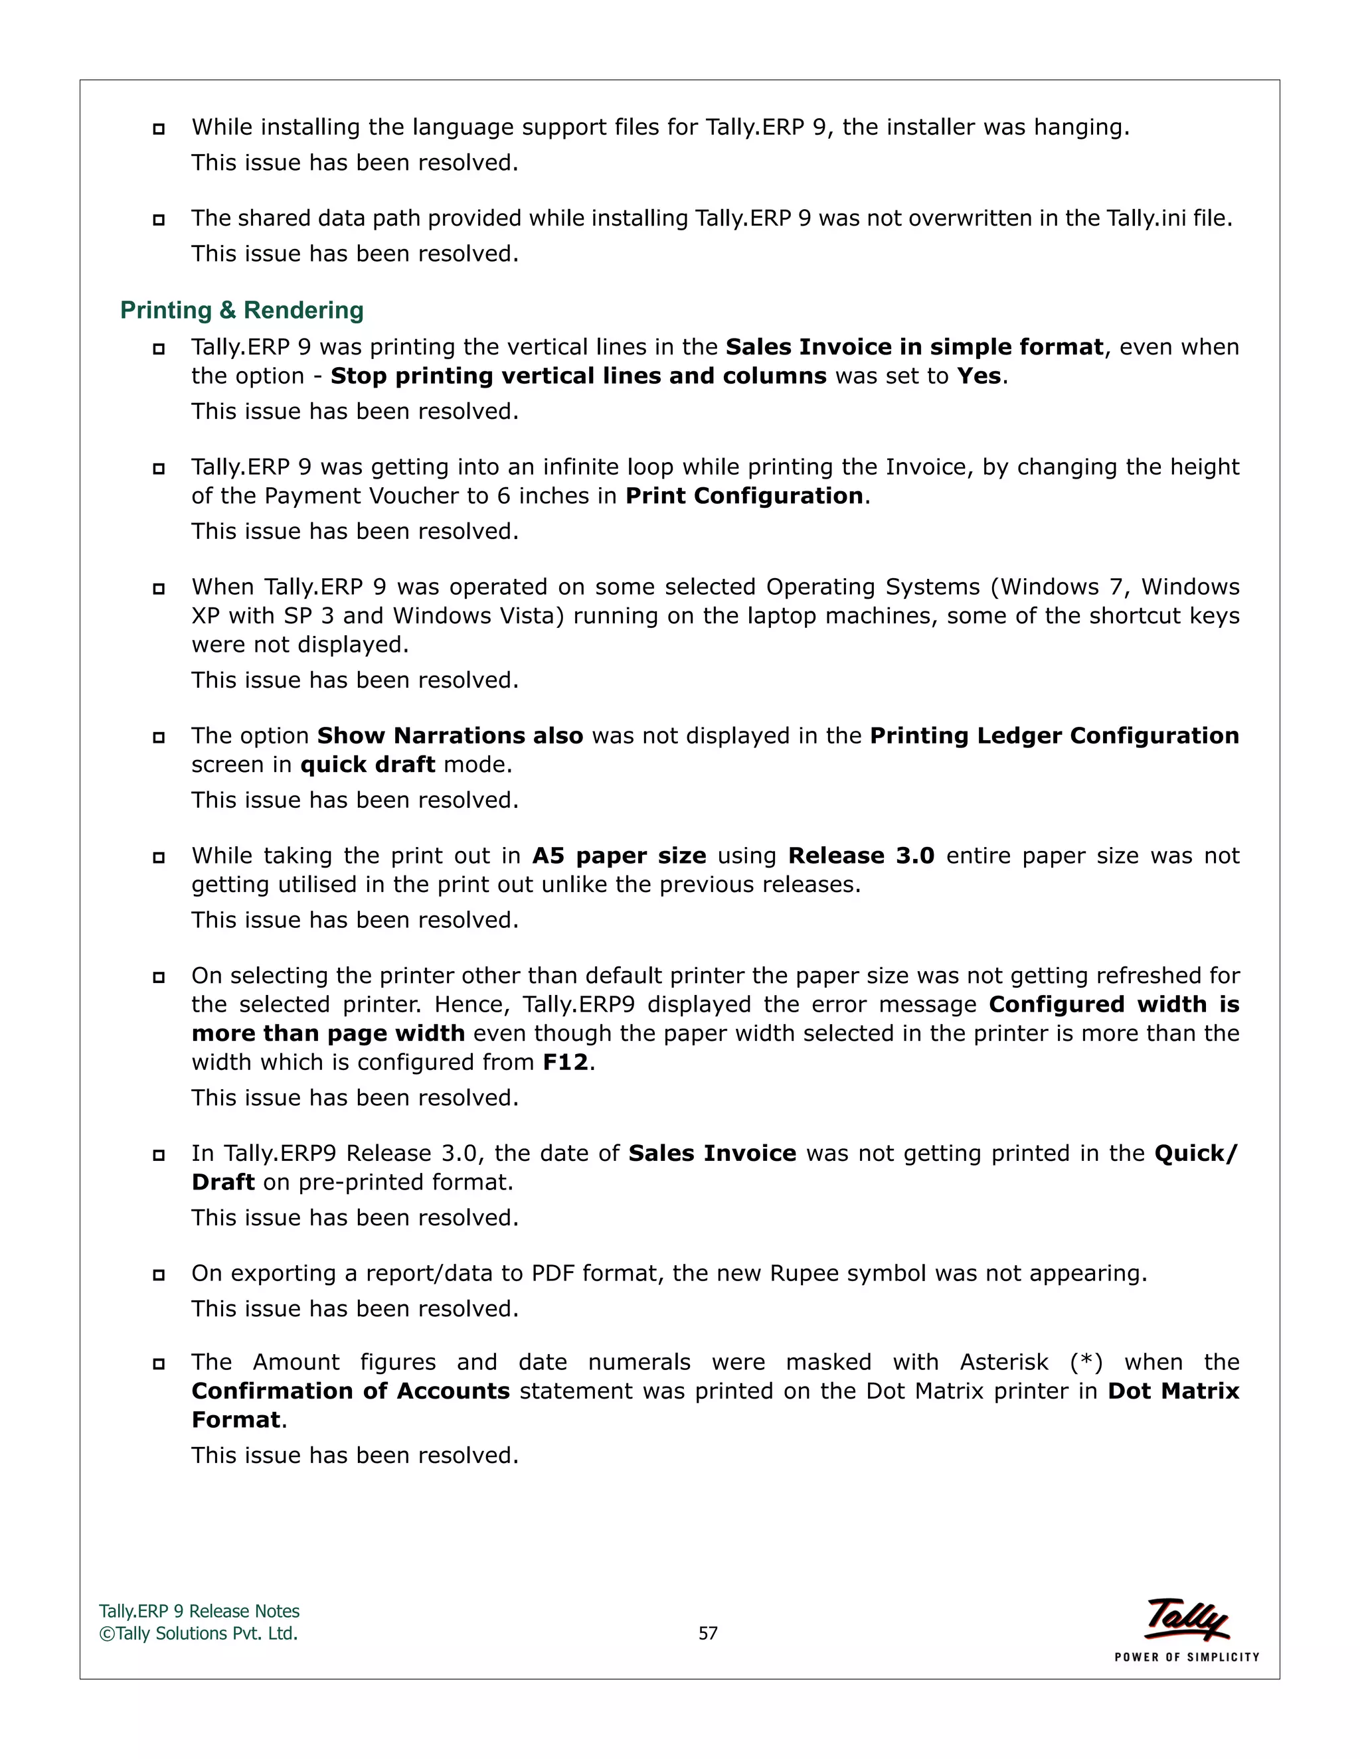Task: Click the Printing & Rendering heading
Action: [242, 310]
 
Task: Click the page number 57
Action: [707, 1633]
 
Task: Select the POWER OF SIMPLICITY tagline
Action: [1187, 1657]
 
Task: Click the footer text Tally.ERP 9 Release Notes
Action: [199, 1611]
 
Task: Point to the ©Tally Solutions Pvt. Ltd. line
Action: [198, 1633]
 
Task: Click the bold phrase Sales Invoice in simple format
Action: [914, 347]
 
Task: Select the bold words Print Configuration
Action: [744, 495]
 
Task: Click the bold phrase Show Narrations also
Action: [450, 735]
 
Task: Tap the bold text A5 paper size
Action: [619, 856]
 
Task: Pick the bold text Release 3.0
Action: [861, 856]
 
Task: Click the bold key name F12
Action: [566, 1062]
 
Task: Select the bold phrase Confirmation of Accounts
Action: [351, 1391]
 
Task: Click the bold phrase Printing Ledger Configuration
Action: [1054, 735]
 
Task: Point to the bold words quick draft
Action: [367, 764]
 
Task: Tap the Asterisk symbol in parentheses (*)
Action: [1086, 1362]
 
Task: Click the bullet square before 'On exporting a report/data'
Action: [159, 1275]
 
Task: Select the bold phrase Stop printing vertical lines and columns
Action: [578, 376]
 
